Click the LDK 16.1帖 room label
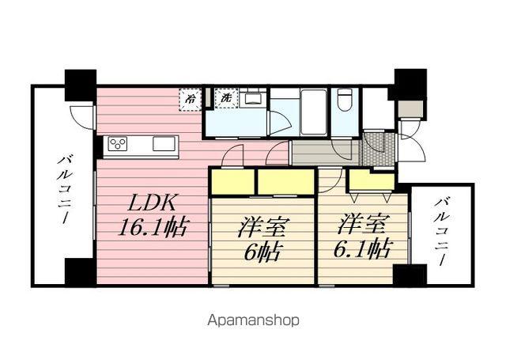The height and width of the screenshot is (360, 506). pos(153,216)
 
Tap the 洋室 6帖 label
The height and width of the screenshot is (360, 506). pos(262,240)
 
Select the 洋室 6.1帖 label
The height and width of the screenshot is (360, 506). pos(361,238)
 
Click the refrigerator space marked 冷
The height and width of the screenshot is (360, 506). pos(191,100)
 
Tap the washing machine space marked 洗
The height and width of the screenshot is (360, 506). pos(227,97)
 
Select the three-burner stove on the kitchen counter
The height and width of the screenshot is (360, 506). pos(118,144)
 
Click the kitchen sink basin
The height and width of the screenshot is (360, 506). pos(164,144)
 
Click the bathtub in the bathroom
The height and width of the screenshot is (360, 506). pos(313,112)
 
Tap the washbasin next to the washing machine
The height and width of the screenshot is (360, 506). pos(253,97)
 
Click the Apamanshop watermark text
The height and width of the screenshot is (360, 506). pos(253,321)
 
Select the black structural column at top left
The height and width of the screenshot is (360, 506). pos(81,85)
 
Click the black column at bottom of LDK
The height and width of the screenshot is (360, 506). pos(81,272)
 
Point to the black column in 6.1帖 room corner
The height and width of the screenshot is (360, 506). pos(410,275)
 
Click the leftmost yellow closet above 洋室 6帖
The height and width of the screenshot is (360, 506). pos(232,182)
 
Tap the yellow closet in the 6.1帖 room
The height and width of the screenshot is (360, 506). pos(372,180)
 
